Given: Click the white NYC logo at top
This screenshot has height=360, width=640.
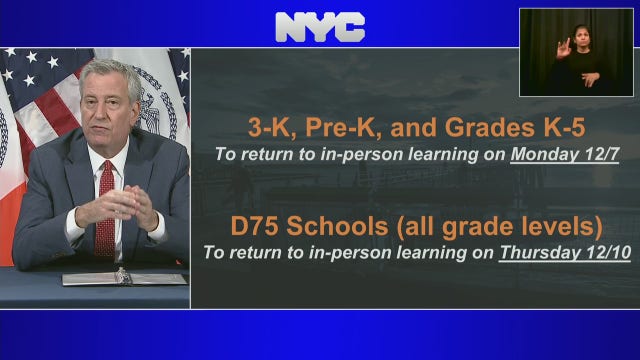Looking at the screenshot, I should [320, 27].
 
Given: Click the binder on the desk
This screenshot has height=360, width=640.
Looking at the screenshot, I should [125, 277].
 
